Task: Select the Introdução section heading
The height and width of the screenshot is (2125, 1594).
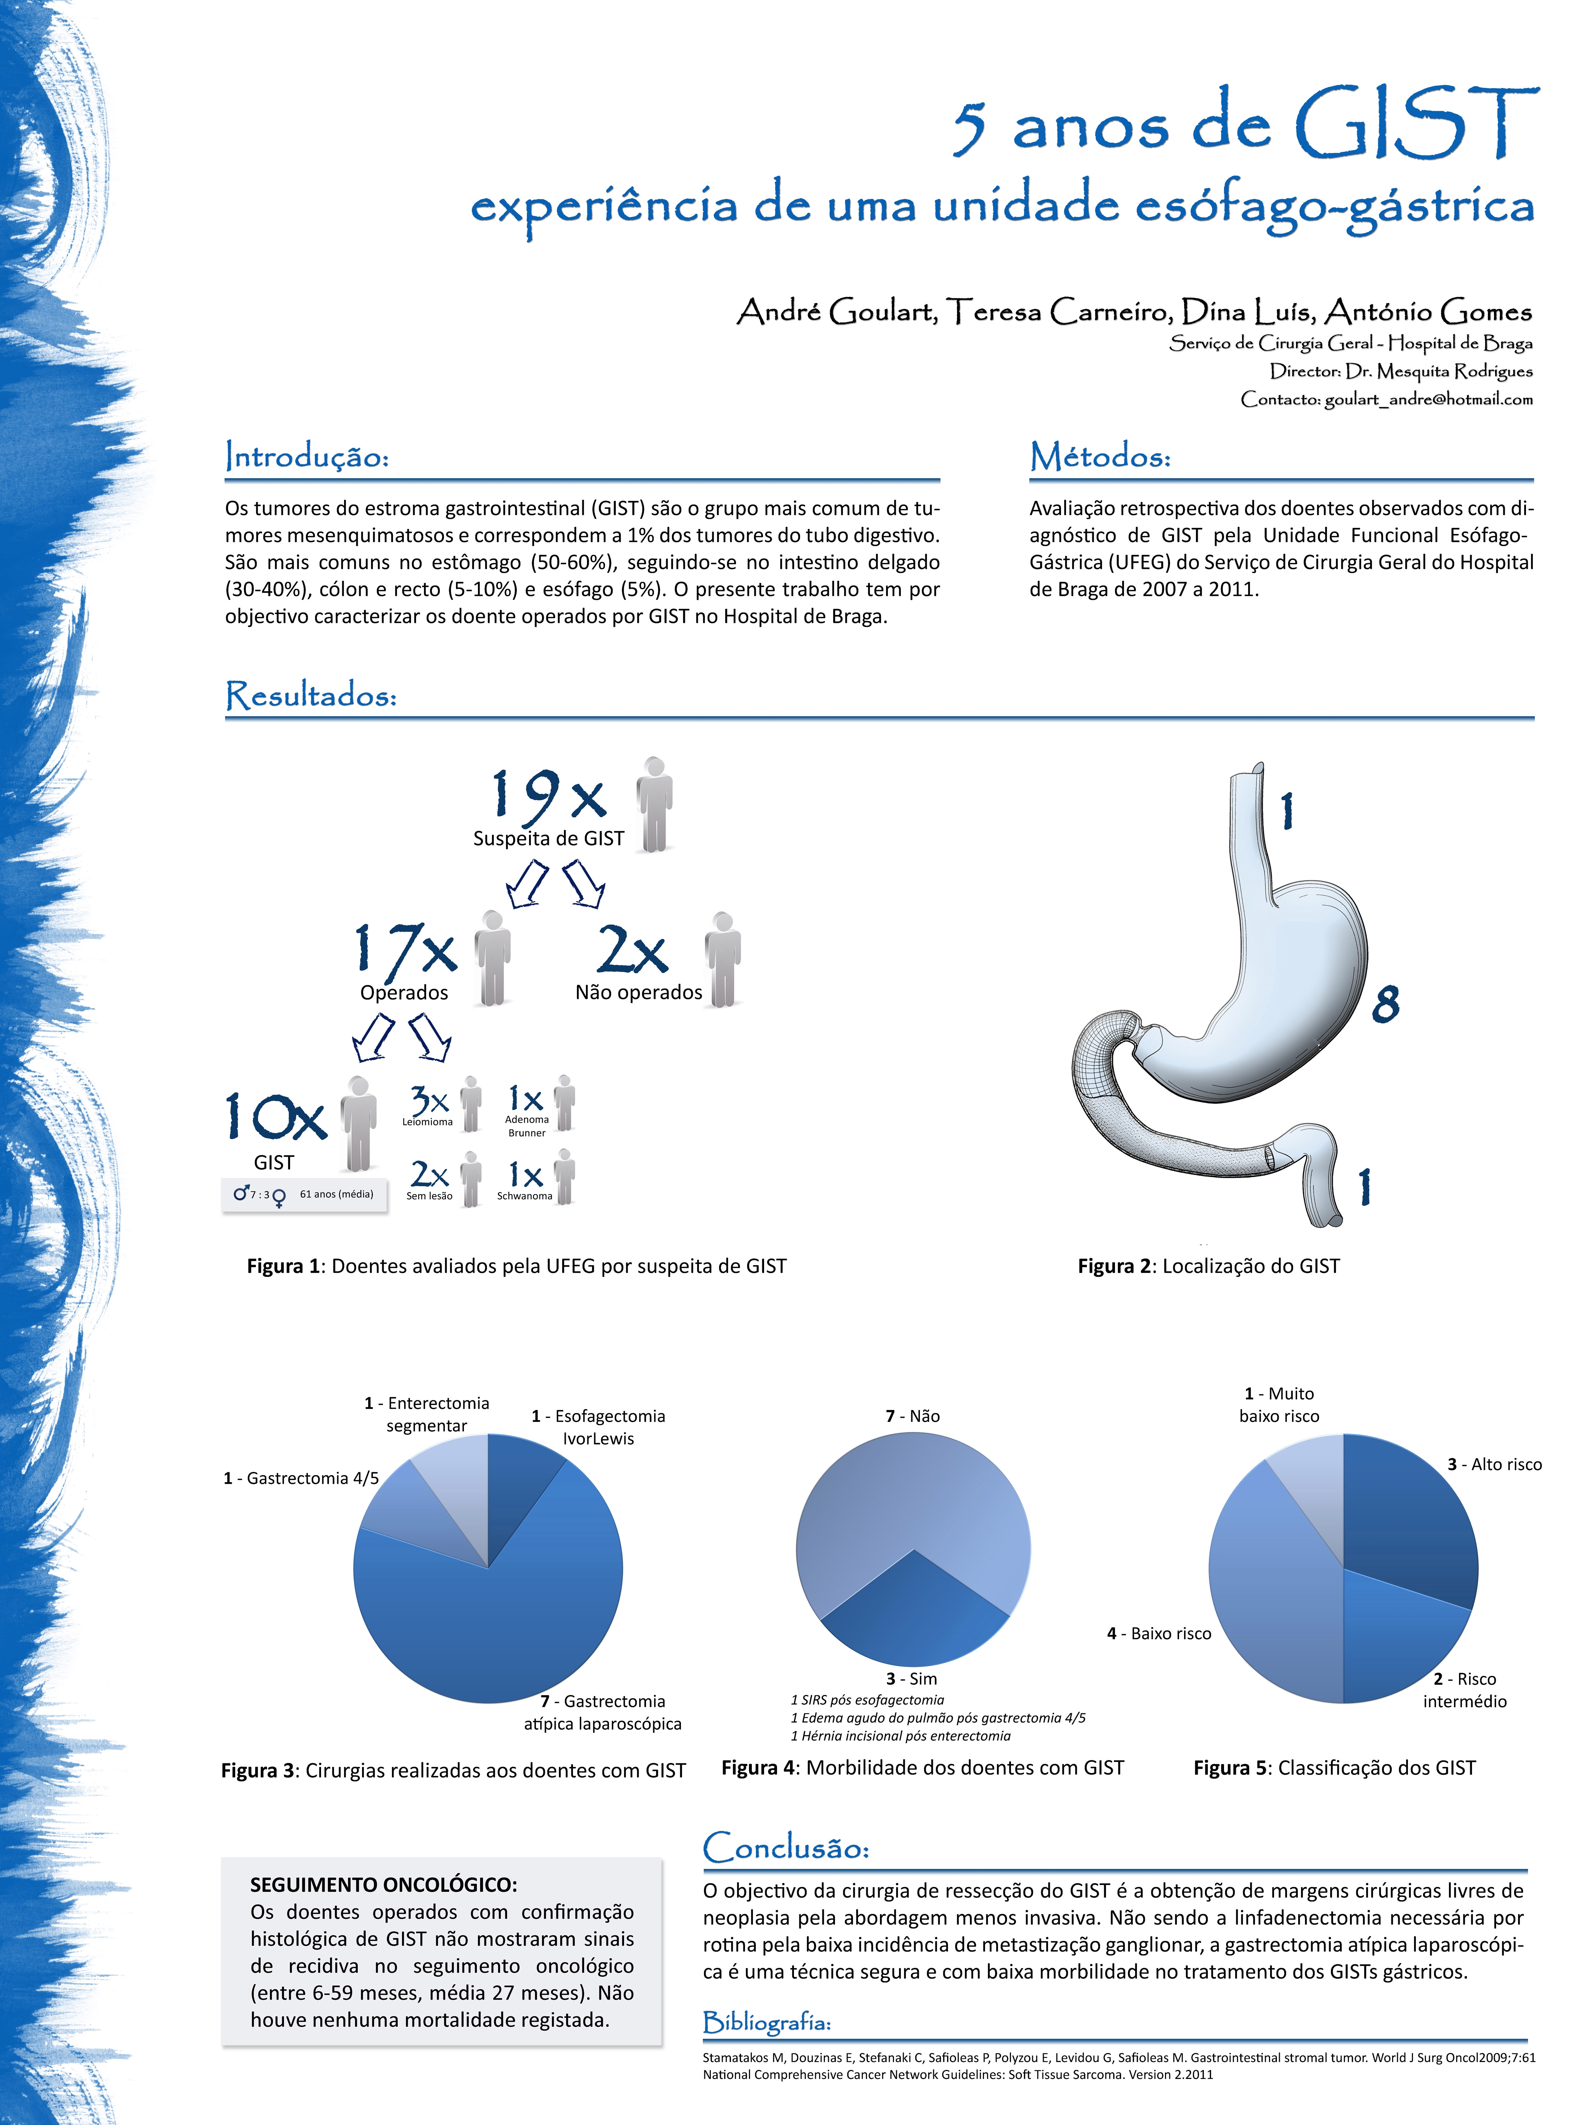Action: coord(307,456)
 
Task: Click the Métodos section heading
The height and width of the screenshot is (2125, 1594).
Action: coord(1100,456)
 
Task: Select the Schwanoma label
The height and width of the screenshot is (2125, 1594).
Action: coord(525,1196)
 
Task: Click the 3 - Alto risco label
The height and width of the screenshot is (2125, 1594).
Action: coord(1494,1464)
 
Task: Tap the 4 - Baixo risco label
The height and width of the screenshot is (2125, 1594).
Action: coord(1159,1633)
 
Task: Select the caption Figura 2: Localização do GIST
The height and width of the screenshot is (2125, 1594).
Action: coord(1208,1266)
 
